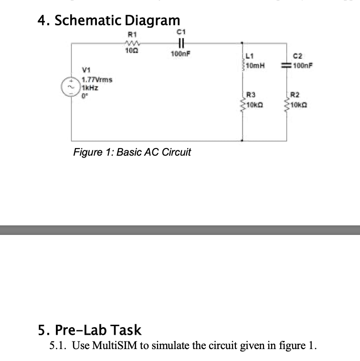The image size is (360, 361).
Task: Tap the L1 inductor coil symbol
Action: (x=243, y=65)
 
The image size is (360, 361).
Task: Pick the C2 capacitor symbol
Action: (x=288, y=65)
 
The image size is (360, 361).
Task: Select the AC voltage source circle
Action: (x=71, y=86)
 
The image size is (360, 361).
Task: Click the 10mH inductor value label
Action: (x=256, y=65)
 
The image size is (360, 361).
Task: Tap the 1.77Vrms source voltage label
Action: (x=97, y=80)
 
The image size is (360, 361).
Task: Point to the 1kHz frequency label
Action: (x=90, y=87)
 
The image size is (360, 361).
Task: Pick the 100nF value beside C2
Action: (x=303, y=65)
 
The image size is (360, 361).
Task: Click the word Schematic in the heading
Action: (x=88, y=21)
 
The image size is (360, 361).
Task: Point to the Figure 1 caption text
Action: (x=132, y=152)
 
